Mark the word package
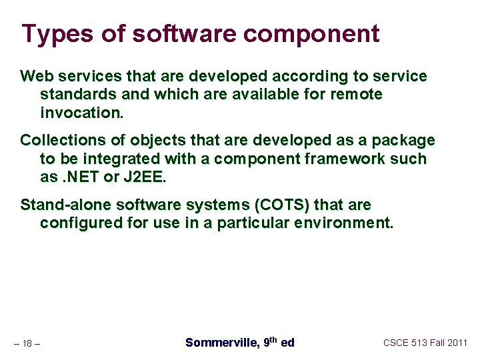pyautogui.click(x=404, y=141)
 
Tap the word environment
pyautogui.click(x=344, y=223)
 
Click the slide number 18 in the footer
pyautogui.click(x=27, y=343)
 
